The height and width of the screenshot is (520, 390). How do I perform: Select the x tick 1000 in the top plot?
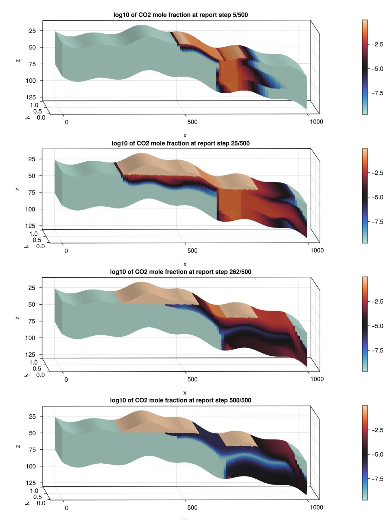pyautogui.click(x=316, y=122)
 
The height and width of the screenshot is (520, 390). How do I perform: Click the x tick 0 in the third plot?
pyautogui.click(x=66, y=379)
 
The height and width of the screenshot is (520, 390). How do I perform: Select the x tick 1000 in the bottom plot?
pyautogui.click(x=317, y=507)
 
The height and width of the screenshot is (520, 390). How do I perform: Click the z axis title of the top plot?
pyautogui.click(x=18, y=61)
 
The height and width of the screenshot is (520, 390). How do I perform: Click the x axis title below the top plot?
pyautogui.click(x=185, y=136)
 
